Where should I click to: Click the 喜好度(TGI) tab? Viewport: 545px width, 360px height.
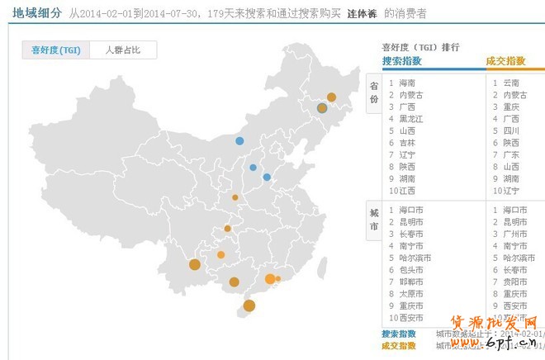click(56, 50)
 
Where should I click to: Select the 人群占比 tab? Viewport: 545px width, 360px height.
click(122, 50)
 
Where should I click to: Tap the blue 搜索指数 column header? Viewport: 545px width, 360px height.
click(402, 61)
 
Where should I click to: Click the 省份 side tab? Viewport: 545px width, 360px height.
click(374, 92)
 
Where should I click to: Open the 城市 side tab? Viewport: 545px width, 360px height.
click(374, 220)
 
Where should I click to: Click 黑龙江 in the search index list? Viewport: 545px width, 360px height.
click(410, 119)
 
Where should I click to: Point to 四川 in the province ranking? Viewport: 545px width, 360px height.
click(511, 130)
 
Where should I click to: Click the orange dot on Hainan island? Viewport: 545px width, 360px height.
click(249, 306)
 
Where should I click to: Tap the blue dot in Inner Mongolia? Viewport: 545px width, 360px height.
click(239, 140)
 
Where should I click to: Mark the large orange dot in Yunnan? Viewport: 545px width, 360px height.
click(195, 265)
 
